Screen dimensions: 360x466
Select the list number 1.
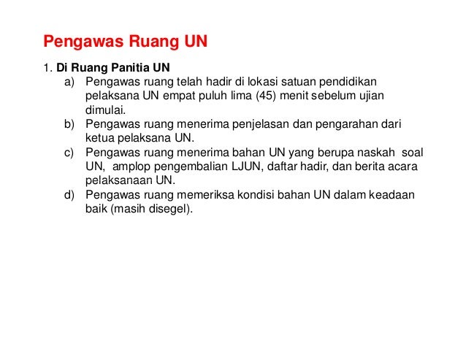tap(45, 69)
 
